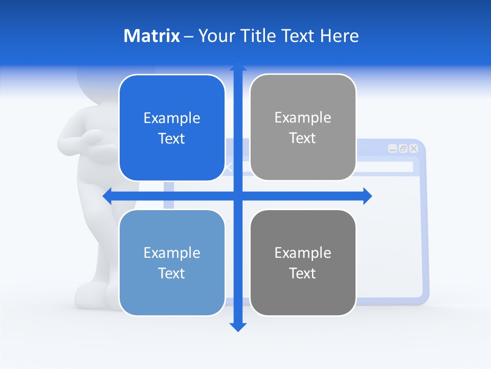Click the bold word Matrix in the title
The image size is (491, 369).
point(152,36)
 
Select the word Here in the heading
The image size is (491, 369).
point(339,36)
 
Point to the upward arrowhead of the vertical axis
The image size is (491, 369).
point(238,67)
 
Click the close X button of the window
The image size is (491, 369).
point(414,149)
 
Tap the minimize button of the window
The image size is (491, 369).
point(392,149)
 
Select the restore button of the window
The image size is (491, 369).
point(403,149)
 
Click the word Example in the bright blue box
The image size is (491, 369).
point(172,118)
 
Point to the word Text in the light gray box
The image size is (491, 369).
point(302,138)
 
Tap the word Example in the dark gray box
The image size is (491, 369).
point(303,253)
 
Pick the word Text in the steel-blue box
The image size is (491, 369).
point(172,273)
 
